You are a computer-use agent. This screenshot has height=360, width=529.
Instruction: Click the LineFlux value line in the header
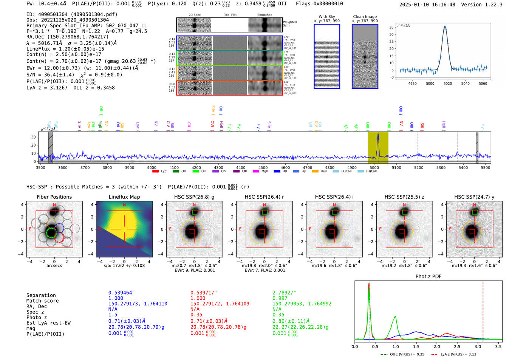(65, 49)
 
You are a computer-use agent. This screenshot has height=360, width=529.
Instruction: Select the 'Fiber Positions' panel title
(54, 197)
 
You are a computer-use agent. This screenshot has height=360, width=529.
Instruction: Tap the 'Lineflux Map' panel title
(124, 197)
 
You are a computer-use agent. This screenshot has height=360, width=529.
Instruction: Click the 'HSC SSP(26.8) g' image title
(194, 197)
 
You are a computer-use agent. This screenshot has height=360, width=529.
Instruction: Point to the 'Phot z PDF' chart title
(428, 277)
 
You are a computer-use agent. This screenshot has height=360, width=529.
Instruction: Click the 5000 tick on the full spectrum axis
(374, 167)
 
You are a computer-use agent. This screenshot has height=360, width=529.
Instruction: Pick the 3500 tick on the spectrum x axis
(40, 167)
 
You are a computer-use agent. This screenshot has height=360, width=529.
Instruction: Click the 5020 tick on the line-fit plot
(448, 83)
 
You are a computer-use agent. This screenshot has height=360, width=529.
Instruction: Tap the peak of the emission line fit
(445, 26)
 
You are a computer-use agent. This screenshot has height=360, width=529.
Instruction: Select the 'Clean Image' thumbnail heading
(365, 17)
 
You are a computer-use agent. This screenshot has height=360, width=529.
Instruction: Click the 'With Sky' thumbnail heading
(326, 17)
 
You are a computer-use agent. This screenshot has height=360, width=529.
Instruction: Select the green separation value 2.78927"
(284, 293)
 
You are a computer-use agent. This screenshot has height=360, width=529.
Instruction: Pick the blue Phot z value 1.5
(113, 315)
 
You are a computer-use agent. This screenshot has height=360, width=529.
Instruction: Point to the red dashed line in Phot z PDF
(483, 310)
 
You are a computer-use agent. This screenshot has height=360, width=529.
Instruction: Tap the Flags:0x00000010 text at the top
(319, 4)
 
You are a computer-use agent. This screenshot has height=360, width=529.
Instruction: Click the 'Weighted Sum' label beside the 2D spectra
(289, 24)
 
